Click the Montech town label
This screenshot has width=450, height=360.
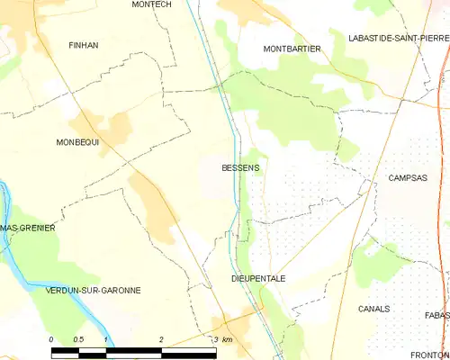[x=150, y=4]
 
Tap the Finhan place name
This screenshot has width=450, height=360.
[x=84, y=44]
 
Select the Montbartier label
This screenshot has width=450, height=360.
[x=292, y=49]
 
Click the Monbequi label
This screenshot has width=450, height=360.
[x=77, y=142]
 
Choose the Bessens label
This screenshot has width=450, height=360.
[x=240, y=167]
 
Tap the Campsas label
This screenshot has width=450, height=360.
[x=408, y=178]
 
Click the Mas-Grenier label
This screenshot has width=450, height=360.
[x=28, y=228]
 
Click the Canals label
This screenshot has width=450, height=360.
[x=373, y=308]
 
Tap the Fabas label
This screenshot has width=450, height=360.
[x=437, y=315]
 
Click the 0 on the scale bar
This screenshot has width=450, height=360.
[x=51, y=338]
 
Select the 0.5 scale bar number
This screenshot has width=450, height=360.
[x=78, y=338]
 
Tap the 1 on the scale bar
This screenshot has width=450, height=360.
[x=106, y=338]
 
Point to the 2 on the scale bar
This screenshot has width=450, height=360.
[x=160, y=338]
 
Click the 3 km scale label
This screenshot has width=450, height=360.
[x=222, y=338]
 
